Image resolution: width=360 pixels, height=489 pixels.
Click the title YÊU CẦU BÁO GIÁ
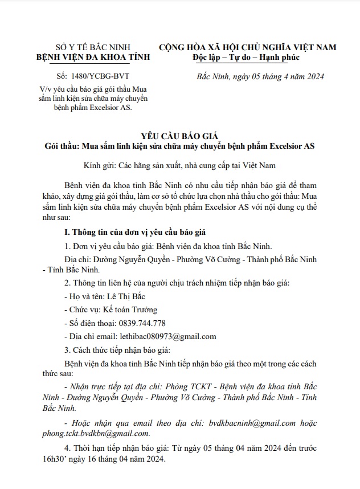179,135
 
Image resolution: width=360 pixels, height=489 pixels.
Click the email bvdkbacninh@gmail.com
252,423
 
